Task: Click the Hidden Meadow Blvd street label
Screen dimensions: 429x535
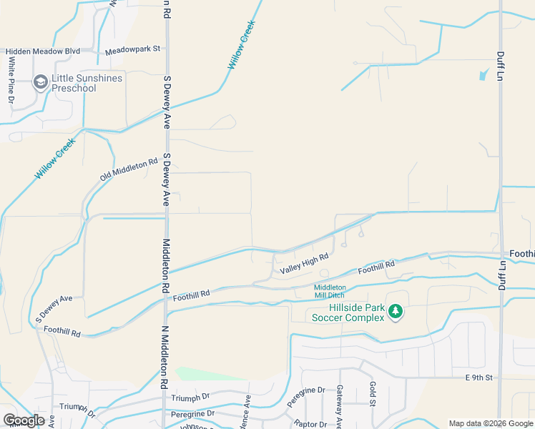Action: [43, 51]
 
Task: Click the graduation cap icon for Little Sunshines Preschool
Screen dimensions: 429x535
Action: [40, 83]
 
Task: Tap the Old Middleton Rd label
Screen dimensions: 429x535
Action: [129, 169]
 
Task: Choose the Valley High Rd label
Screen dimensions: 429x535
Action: [304, 265]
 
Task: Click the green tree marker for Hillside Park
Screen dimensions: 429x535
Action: [394, 311]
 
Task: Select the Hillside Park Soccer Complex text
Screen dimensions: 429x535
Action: [347, 312]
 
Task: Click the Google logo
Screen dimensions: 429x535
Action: [24, 420]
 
